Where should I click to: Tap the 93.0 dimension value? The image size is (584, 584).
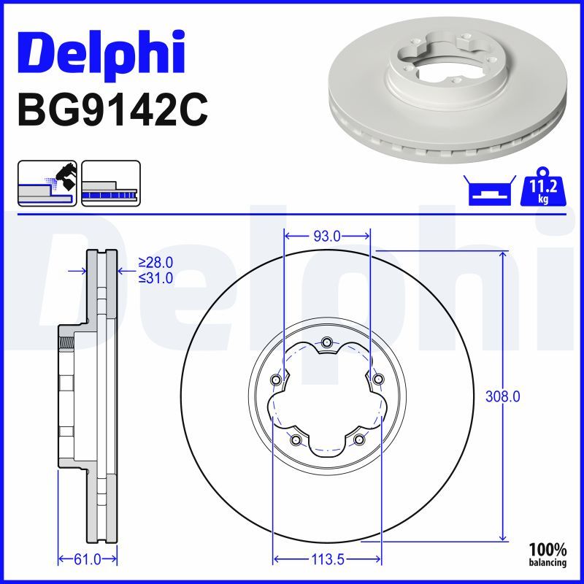pyautogui.click(x=326, y=236)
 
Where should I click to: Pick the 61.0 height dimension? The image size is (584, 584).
pyautogui.click(x=88, y=560)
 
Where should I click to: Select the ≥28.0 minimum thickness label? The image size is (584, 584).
pyautogui.click(x=155, y=263)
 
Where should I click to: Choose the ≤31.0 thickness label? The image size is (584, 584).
pyautogui.click(x=155, y=277)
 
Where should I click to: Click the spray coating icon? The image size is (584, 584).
pyautogui.click(x=47, y=183)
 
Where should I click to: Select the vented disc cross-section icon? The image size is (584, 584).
pyautogui.click(x=110, y=183)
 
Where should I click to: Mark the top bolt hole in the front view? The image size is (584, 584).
pyautogui.click(x=326, y=342)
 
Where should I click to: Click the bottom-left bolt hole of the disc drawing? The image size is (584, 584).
pyautogui.click(x=295, y=439)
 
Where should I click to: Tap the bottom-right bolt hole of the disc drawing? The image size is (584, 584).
pyautogui.click(x=358, y=439)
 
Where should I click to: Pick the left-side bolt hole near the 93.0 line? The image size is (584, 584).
pyautogui.click(x=275, y=380)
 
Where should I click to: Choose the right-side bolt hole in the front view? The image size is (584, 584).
pyautogui.click(x=378, y=379)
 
